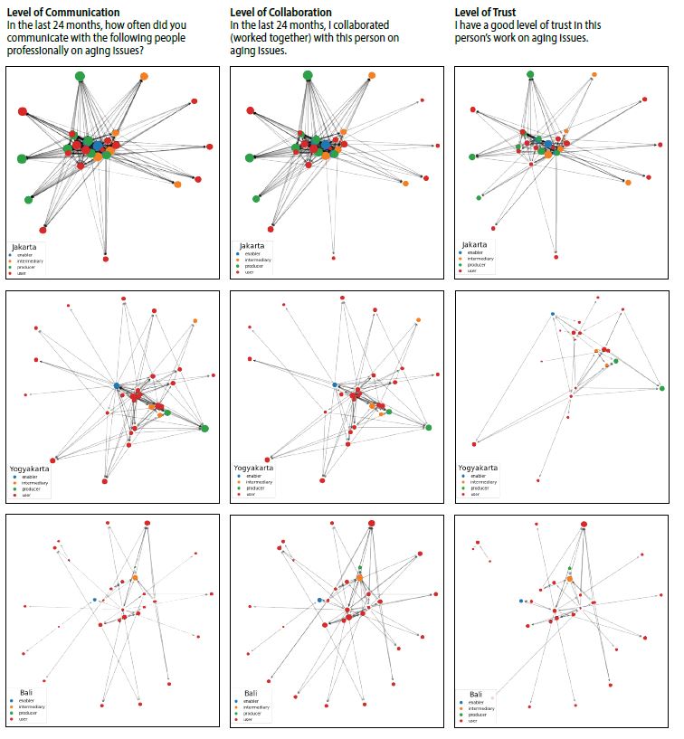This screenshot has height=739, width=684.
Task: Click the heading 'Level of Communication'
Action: click(x=62, y=12)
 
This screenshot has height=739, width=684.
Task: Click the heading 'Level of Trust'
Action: click(x=494, y=12)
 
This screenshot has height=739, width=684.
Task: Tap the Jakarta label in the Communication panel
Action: click(x=24, y=245)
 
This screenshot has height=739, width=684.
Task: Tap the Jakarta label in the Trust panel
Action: click(x=475, y=244)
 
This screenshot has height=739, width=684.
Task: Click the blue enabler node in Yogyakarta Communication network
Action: click(x=117, y=386)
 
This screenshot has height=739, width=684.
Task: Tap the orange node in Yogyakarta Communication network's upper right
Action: click(x=195, y=321)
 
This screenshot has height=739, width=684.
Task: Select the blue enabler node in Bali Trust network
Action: click(x=521, y=601)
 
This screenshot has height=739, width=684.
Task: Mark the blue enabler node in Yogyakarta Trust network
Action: click(x=553, y=314)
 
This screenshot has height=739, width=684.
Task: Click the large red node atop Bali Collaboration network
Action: click(x=372, y=524)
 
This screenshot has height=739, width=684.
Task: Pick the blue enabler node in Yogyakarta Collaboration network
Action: click(x=335, y=386)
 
